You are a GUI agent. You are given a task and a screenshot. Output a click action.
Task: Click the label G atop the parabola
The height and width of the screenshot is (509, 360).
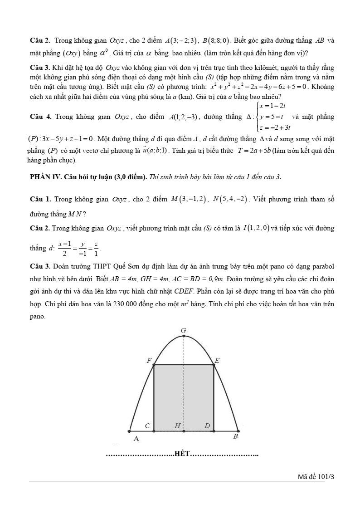(x=183, y=331)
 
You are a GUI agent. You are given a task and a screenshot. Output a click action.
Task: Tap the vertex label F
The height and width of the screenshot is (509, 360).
(x=149, y=361)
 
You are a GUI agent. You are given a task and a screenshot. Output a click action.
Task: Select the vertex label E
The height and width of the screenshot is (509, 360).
(x=217, y=361)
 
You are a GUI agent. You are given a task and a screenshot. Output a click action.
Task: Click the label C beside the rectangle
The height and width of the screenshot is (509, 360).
(x=147, y=426)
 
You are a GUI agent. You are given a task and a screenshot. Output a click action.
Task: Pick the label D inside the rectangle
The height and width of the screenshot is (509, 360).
(x=207, y=426)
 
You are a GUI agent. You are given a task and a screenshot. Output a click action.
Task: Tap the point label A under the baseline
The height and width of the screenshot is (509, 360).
(x=136, y=439)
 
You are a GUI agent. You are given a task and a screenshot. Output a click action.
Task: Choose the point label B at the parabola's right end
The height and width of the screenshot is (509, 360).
(x=235, y=436)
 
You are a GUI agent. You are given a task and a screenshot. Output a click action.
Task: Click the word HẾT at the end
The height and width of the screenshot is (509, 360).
(x=182, y=454)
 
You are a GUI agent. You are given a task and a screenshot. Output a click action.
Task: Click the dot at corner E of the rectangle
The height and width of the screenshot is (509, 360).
(x=214, y=364)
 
